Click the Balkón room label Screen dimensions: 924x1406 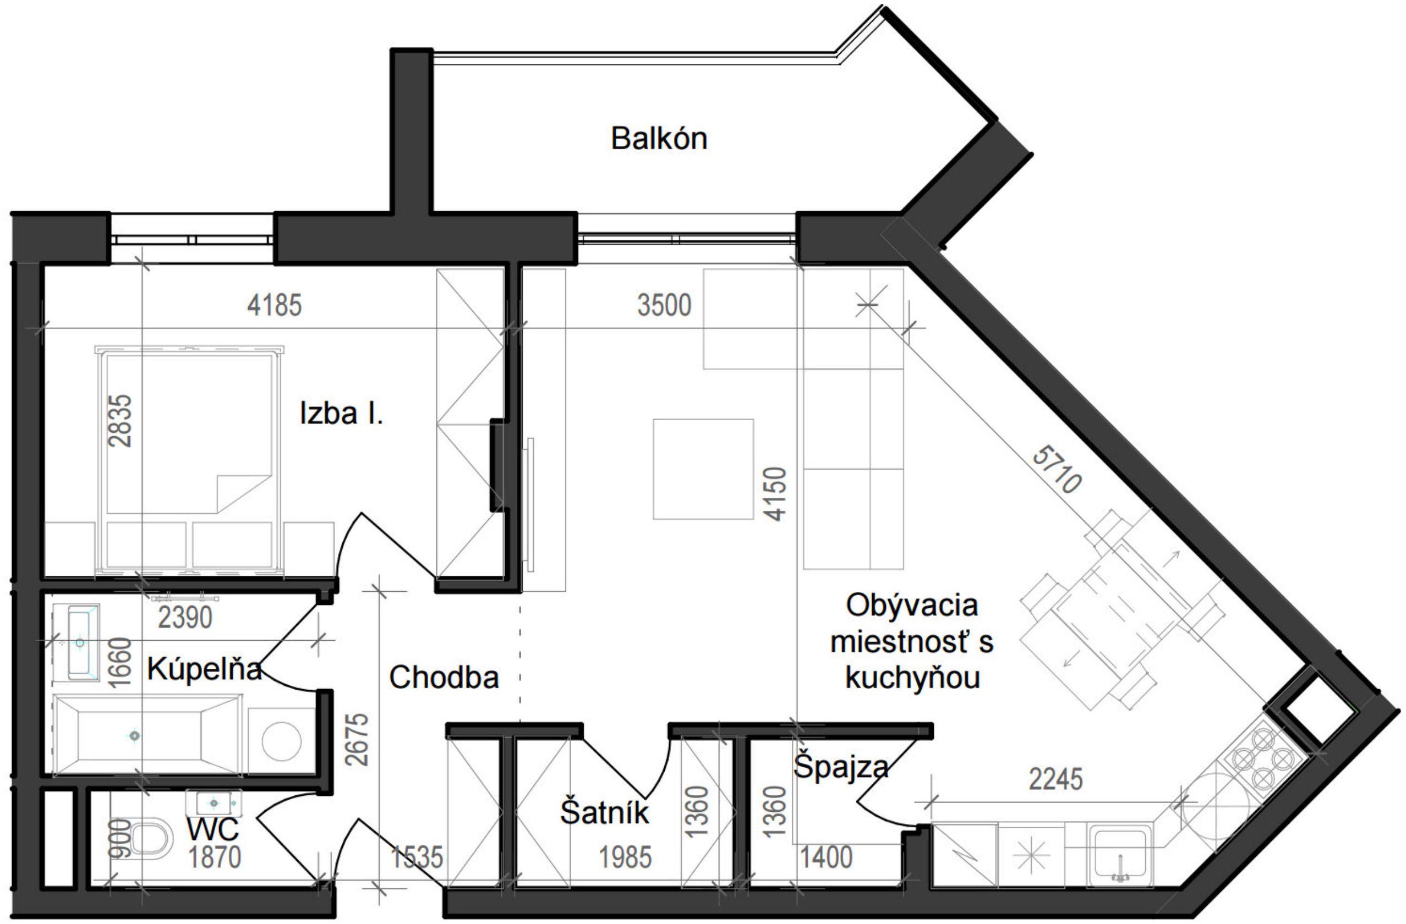pyautogui.click(x=658, y=139)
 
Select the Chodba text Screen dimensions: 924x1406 pyautogui.click(x=444, y=677)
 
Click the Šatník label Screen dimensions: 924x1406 pyautogui.click(x=604, y=812)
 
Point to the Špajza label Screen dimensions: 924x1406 pyautogui.click(x=840, y=767)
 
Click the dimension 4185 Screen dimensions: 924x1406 pyautogui.click(x=274, y=306)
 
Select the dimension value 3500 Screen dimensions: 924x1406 pyautogui.click(x=664, y=306)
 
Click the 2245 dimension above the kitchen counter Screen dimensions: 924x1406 pyautogui.click(x=1055, y=779)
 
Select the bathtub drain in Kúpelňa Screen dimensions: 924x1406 pyautogui.click(x=135, y=736)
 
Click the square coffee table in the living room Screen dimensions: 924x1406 pyautogui.click(x=703, y=469)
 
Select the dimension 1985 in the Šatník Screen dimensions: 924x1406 pyautogui.click(x=625, y=857)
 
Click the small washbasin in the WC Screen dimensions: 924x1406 pyautogui.click(x=214, y=803)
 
